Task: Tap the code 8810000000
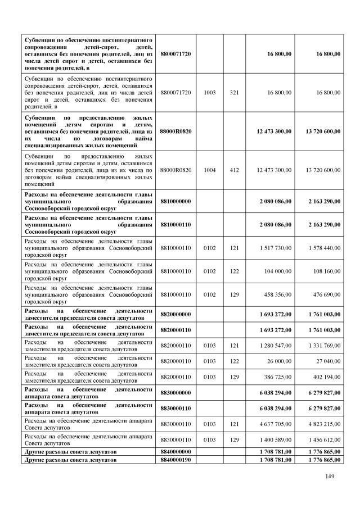click(x=175, y=200)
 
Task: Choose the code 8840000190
click(x=175, y=460)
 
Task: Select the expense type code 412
click(x=235, y=169)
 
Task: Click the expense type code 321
click(x=235, y=92)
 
